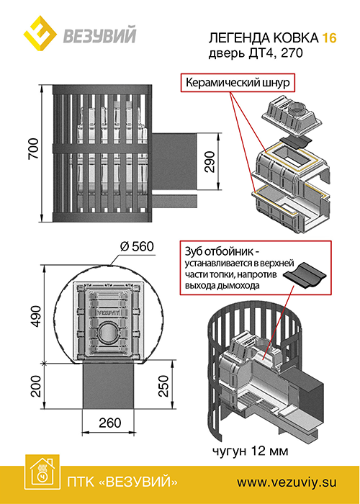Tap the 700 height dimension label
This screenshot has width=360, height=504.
tap(33, 148)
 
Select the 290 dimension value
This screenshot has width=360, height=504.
tap(210, 162)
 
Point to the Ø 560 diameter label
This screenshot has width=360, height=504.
tap(137, 247)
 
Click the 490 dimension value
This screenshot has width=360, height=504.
tap(36, 316)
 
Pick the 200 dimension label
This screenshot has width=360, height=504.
tap(36, 386)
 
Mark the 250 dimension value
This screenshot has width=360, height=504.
tap(163, 386)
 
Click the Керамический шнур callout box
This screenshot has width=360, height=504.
tap(238, 84)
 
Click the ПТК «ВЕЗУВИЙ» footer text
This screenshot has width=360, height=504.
tap(122, 482)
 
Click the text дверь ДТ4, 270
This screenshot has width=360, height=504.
tap(256, 53)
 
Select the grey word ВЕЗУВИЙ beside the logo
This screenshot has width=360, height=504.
tap(99, 35)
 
